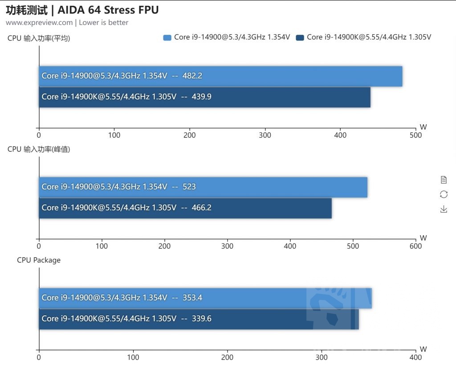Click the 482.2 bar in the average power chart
click(220, 76)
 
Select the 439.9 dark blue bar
click(204, 97)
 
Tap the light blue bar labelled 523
click(203, 187)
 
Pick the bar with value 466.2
click(185, 208)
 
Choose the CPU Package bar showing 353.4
click(205, 298)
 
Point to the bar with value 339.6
click(199, 319)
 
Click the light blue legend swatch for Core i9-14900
click(167, 37)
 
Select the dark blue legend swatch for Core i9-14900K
click(300, 37)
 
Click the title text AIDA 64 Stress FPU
click(109, 10)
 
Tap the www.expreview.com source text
click(39, 22)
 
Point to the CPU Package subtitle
click(39, 260)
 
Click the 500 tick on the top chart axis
click(415, 135)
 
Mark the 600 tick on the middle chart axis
click(415, 246)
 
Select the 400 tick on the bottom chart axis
click(415, 357)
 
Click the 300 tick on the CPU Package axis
click(322, 357)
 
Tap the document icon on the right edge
click(444, 180)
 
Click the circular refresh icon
click(444, 194)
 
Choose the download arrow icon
click(444, 209)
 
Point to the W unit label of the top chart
click(423, 127)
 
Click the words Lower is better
click(104, 22)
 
